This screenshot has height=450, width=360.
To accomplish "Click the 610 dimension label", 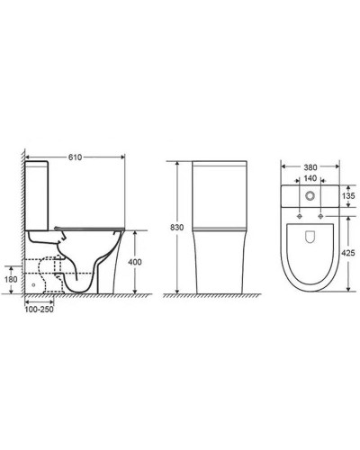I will tap(75, 157).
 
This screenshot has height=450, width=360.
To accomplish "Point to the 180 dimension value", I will tap(10, 280).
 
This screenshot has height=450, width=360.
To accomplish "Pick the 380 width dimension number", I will tap(310, 166).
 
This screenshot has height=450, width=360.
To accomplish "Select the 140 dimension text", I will tap(310, 179).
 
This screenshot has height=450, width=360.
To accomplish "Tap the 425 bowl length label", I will tap(346, 253).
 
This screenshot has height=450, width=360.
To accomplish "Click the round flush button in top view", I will tap(310, 195).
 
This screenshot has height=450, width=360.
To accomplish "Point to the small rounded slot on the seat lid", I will tap(310, 238).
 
